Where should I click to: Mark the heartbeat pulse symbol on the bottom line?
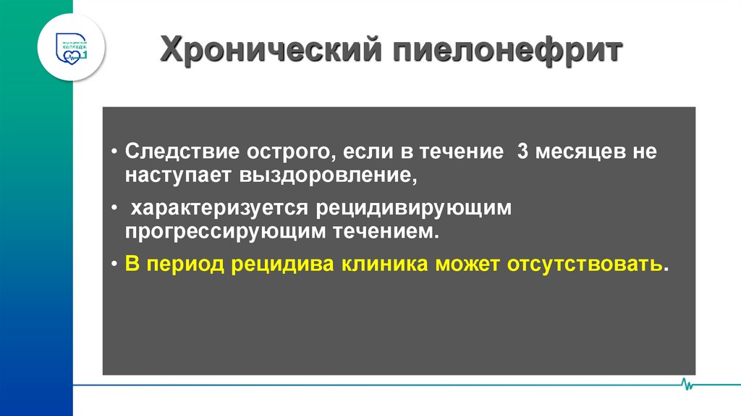[687, 383]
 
